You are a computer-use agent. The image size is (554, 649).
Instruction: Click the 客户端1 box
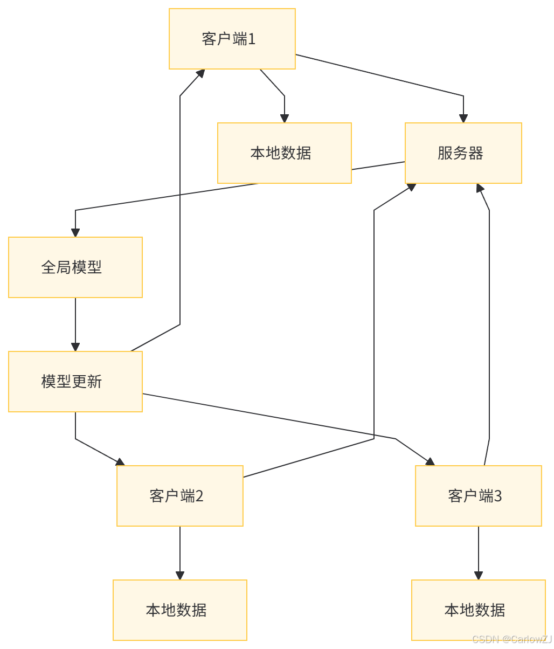point(232,39)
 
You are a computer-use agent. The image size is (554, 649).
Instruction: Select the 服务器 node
point(463,153)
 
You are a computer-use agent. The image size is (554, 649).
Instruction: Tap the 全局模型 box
point(75,267)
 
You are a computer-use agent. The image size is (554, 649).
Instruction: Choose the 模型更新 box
point(75,382)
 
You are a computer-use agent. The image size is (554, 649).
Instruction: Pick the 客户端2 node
point(180,496)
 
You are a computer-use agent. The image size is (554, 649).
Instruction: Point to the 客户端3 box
point(478,496)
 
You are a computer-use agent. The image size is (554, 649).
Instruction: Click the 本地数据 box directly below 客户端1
point(284,153)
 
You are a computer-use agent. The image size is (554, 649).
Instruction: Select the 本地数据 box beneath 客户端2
point(180,610)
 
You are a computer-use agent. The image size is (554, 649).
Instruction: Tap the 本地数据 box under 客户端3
point(478,610)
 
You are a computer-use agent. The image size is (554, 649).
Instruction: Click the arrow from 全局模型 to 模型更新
point(75,323)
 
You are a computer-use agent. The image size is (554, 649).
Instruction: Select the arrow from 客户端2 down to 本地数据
point(180,552)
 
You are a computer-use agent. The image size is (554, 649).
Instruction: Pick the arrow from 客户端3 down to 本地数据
point(478,552)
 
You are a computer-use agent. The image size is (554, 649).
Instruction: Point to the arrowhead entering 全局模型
point(75,232)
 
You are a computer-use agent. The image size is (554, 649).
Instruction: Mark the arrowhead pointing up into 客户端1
point(201,73)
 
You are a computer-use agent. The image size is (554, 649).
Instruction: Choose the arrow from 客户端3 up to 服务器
point(489,323)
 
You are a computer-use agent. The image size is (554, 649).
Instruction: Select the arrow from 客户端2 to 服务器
point(374,323)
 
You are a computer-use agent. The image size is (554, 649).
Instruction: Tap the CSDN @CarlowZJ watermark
point(511,639)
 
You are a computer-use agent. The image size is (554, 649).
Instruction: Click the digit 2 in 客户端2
point(199,496)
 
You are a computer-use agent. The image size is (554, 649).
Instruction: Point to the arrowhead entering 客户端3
point(430,461)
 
